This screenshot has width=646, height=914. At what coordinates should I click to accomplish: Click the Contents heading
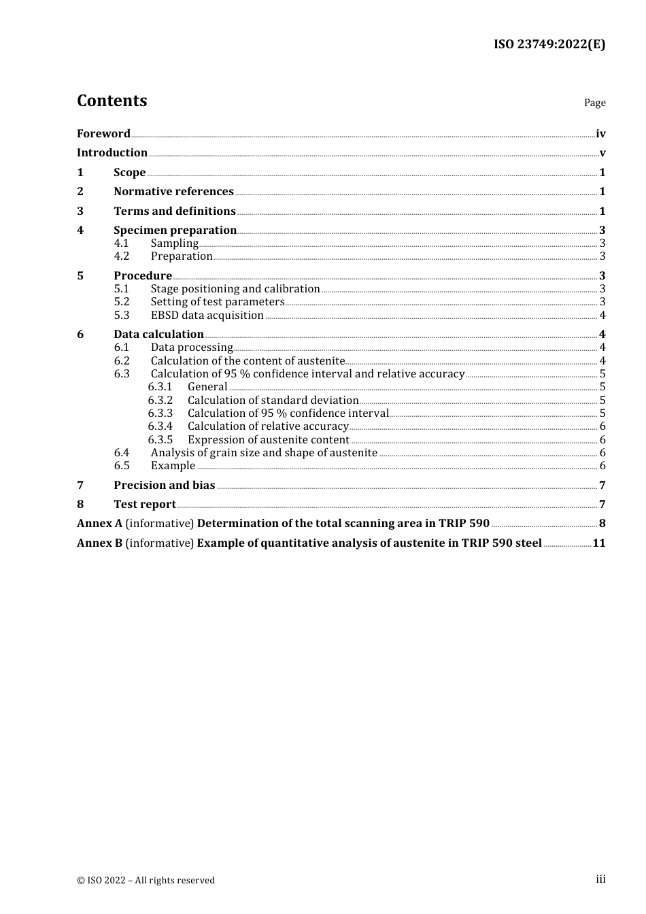pos(112,101)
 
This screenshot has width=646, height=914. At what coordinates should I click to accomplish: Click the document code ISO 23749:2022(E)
pos(549,44)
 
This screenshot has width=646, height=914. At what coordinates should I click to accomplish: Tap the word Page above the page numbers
pos(594,103)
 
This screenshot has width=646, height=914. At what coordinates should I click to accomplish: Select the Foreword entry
pos(103,133)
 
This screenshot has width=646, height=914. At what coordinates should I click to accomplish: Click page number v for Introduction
pos(602,153)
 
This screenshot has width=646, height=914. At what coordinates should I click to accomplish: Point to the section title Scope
pos(129,173)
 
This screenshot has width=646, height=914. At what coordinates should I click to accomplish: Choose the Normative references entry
pos(173,192)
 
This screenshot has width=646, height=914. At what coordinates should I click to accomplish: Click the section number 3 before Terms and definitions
pos(80,211)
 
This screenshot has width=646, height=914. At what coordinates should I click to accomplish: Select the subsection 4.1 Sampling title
pos(175,243)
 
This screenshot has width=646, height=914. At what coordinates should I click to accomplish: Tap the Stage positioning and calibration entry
pos(235,289)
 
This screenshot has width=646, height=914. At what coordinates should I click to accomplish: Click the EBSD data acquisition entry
pos(207,316)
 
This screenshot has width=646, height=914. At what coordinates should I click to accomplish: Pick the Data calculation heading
pos(158,335)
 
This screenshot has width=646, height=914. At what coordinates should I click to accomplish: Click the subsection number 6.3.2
pos(160,401)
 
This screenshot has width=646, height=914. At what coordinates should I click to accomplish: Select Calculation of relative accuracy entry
pos(268,426)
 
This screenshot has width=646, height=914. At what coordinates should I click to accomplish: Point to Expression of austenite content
pos(269,440)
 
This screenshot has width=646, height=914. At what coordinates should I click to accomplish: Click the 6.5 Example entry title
pos(173,466)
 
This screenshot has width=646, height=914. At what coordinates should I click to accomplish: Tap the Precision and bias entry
pos(164,486)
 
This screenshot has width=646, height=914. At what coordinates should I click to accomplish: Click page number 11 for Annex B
pos(598,543)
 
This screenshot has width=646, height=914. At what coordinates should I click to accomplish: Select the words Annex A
pos(99,524)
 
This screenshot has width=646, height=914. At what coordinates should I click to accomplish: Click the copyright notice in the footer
pos(146,880)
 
